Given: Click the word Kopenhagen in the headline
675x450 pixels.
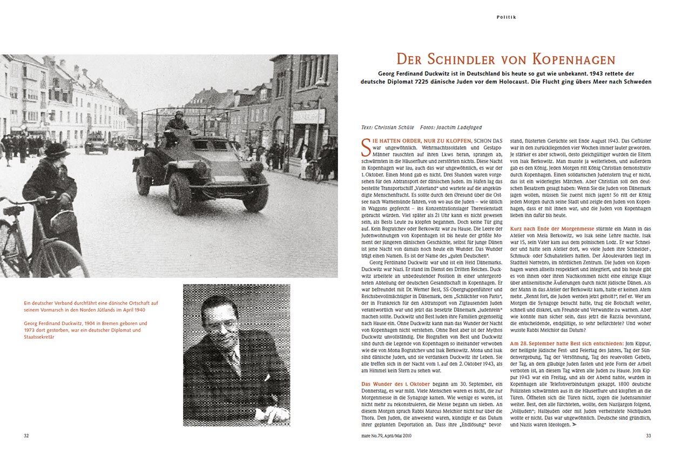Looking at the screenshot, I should [x=576, y=59].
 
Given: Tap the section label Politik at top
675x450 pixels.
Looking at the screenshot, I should [x=506, y=17].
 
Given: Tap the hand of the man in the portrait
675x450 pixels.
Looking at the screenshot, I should [x=273, y=415].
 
